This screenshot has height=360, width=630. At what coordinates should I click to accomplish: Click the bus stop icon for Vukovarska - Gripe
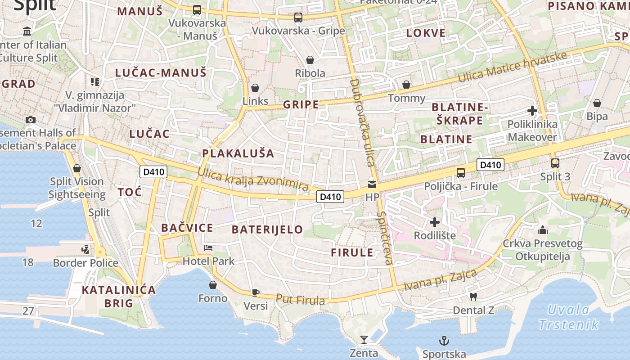(298, 18)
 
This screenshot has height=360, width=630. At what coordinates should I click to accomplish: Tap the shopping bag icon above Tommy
(406, 85)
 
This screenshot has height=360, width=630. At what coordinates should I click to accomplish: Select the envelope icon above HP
(372, 184)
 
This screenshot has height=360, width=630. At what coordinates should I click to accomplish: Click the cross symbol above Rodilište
(435, 222)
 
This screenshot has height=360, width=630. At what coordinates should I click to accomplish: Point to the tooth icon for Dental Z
(473, 297)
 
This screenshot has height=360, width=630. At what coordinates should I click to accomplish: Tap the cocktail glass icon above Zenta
(364, 339)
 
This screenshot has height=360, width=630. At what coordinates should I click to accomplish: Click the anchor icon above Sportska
(444, 340)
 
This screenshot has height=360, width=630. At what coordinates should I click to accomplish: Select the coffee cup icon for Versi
(256, 292)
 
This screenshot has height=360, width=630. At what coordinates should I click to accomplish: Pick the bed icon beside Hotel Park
(208, 248)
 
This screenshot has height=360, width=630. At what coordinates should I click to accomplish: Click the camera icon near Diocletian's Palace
(31, 120)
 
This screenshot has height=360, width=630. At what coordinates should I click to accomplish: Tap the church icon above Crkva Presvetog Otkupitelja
(543, 230)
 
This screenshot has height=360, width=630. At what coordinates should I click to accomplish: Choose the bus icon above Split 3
(555, 163)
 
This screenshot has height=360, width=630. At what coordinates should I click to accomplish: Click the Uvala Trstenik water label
(569, 317)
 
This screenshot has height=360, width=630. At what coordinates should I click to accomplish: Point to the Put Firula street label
(300, 299)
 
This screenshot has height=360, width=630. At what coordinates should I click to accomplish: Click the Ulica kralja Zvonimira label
(253, 179)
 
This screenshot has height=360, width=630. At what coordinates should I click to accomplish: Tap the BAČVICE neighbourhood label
(187, 228)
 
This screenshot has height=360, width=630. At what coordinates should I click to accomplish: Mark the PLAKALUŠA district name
(238, 153)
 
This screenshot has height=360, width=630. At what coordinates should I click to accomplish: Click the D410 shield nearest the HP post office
(330, 196)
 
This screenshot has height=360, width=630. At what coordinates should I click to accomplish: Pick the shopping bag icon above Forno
(213, 285)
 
